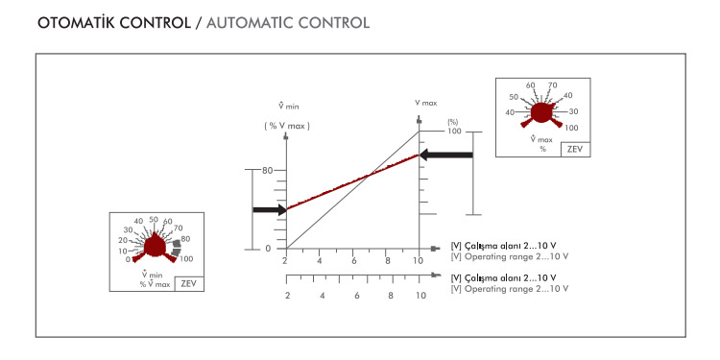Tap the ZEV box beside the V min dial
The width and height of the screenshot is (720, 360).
(x=189, y=284)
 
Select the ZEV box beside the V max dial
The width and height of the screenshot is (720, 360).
(x=575, y=150)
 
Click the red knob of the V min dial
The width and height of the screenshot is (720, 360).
(x=155, y=248)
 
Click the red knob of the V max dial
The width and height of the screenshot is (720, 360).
(x=541, y=113)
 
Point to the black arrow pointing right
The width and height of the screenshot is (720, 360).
(x=270, y=210)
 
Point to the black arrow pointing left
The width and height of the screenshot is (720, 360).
(x=446, y=156)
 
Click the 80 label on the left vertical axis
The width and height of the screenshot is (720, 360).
(x=267, y=170)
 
